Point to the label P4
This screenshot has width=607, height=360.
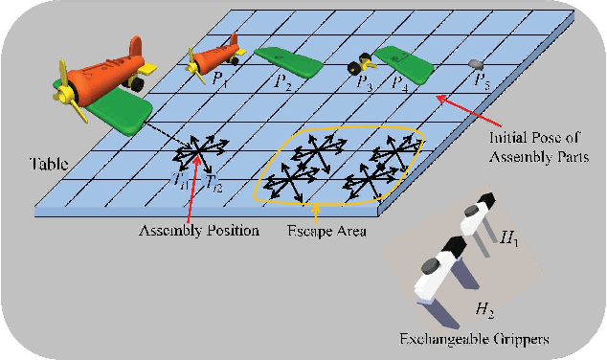[x=398, y=83]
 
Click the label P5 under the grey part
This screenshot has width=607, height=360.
[x=482, y=81]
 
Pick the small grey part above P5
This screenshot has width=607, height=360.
[x=476, y=63]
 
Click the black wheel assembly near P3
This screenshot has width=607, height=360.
[x=359, y=66]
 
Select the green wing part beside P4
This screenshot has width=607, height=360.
[x=402, y=60]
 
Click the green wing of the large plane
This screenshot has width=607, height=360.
[x=123, y=111]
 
